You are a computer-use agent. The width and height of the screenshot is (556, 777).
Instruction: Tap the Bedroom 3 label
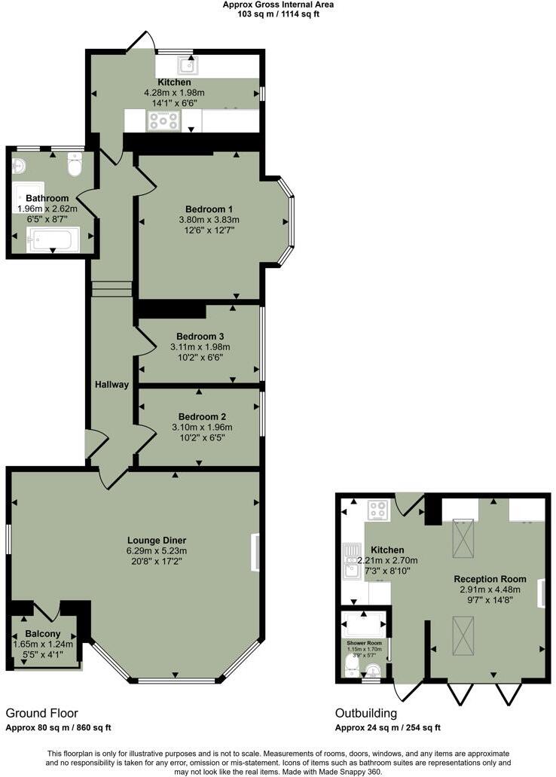200,336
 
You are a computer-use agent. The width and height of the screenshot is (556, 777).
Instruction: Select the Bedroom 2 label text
202,416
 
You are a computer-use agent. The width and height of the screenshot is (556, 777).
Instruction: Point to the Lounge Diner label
157,540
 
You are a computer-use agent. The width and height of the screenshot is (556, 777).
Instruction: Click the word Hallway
112,385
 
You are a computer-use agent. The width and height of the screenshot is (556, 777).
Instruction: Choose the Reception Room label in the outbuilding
490,579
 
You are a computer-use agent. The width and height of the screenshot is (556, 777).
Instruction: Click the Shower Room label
365,643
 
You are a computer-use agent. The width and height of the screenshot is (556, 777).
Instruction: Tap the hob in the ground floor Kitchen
163,120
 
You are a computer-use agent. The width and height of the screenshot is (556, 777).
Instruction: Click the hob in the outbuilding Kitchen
377,510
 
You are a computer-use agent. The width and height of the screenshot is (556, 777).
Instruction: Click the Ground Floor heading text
42,713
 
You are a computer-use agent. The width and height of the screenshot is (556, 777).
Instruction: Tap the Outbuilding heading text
366,713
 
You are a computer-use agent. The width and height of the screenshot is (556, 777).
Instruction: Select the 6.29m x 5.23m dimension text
157,550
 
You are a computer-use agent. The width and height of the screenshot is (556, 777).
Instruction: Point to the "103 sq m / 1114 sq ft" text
279,14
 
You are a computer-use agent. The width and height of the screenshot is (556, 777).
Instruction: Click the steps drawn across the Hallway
112,289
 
